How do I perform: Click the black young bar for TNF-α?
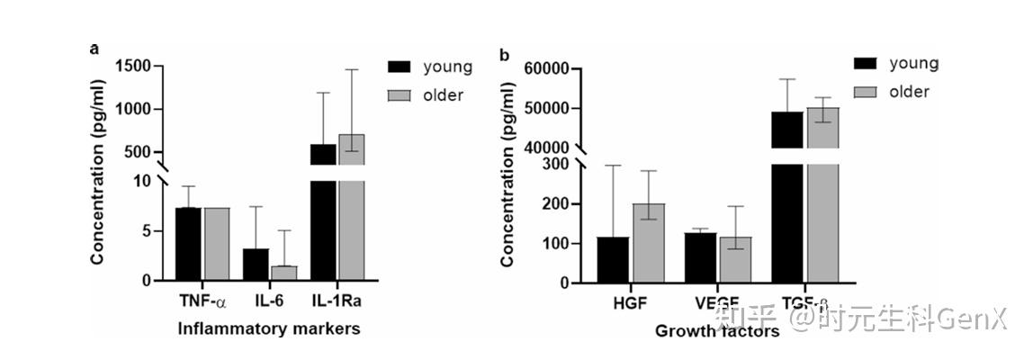(188, 244)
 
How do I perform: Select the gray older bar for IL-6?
(283, 273)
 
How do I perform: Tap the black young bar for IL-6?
(256, 265)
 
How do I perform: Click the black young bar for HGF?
(614, 260)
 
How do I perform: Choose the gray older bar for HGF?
(648, 243)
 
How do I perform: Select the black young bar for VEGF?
(700, 257)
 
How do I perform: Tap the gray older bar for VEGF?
(734, 260)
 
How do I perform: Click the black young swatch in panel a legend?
(399, 67)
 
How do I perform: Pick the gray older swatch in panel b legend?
(866, 92)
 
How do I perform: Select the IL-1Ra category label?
(337, 300)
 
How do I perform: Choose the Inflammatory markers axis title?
(269, 329)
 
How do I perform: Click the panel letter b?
(504, 56)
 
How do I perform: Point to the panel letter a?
(94, 49)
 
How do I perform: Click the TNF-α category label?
(201, 300)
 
